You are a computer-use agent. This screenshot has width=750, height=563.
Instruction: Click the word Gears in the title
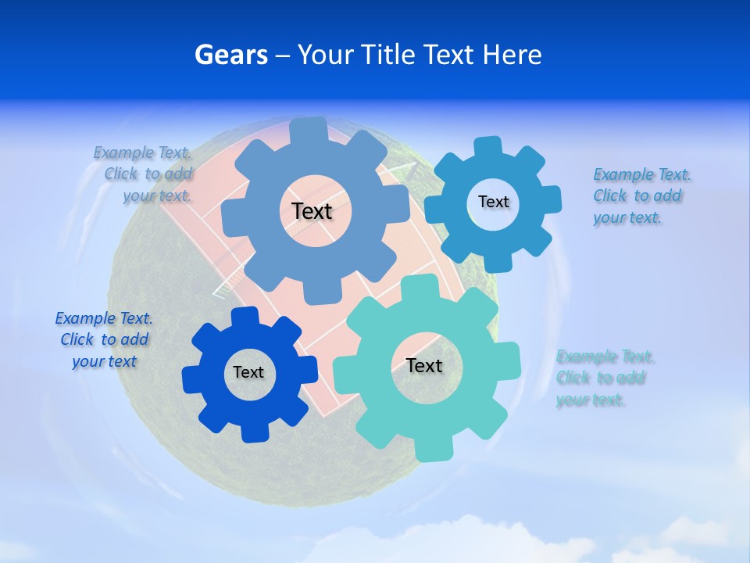click(230, 55)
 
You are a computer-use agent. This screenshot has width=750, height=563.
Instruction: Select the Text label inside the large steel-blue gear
click(312, 211)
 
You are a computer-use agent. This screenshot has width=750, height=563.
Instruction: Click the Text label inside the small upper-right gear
click(493, 202)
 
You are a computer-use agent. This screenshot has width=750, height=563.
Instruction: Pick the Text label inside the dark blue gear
click(248, 372)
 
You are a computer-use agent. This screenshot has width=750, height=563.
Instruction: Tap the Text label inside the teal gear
click(424, 365)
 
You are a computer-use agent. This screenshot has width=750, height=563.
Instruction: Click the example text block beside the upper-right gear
click(641, 195)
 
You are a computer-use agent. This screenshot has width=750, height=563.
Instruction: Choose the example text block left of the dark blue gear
click(103, 339)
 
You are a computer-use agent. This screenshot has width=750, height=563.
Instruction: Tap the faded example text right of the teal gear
click(605, 378)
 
